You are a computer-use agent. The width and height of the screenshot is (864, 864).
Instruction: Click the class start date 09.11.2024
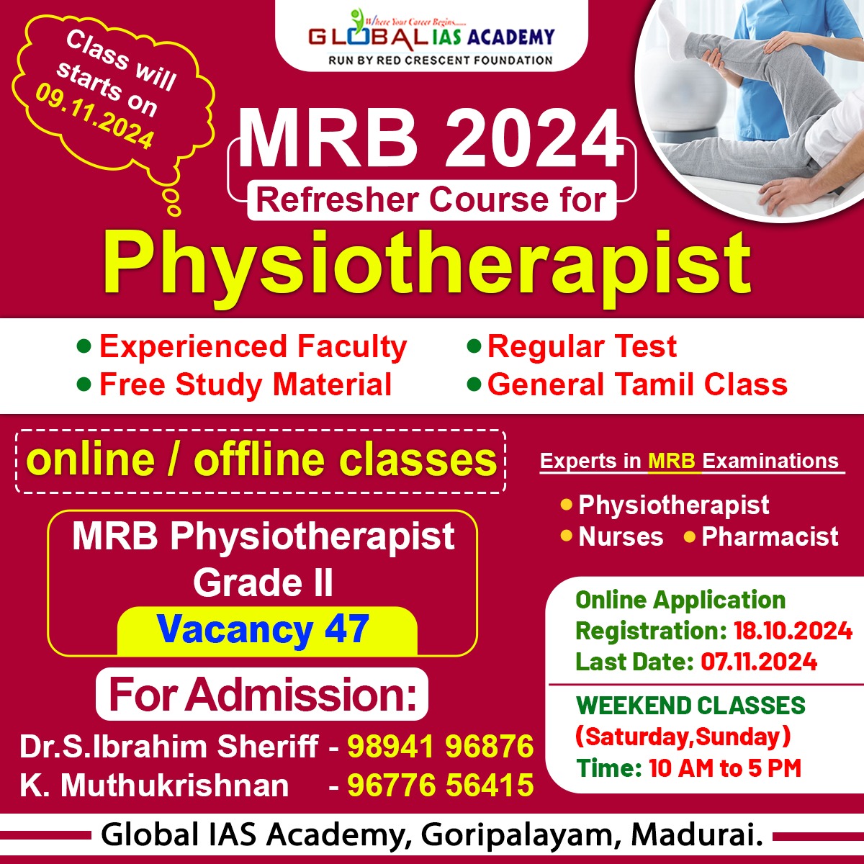tap(95, 117)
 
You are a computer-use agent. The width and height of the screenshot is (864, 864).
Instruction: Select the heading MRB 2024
tap(431, 139)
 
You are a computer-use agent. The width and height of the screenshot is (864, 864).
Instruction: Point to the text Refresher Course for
tap(431, 200)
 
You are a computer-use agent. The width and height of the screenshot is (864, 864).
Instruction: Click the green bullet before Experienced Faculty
tap(84, 346)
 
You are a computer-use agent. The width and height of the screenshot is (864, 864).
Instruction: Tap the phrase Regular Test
tap(582, 346)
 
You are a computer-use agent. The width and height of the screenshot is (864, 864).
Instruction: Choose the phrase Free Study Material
tap(246, 384)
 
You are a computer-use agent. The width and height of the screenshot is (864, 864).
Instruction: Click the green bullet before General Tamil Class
tap(474, 384)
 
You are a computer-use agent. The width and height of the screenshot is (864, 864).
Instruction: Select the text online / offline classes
tap(261, 461)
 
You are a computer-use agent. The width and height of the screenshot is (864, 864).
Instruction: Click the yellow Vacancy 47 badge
tap(267, 631)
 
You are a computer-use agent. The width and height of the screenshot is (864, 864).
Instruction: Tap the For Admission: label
tap(262, 695)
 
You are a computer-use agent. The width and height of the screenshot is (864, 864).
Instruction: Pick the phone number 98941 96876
tap(441, 747)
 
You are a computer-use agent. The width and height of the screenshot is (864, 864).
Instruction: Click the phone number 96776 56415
tap(441, 786)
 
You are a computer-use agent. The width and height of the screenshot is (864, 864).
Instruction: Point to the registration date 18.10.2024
tap(793, 631)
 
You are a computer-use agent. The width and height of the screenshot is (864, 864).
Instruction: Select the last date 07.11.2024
tap(759, 662)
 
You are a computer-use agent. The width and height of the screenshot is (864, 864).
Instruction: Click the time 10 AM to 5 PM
tap(724, 768)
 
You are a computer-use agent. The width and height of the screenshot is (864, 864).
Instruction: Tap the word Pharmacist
tap(770, 536)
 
